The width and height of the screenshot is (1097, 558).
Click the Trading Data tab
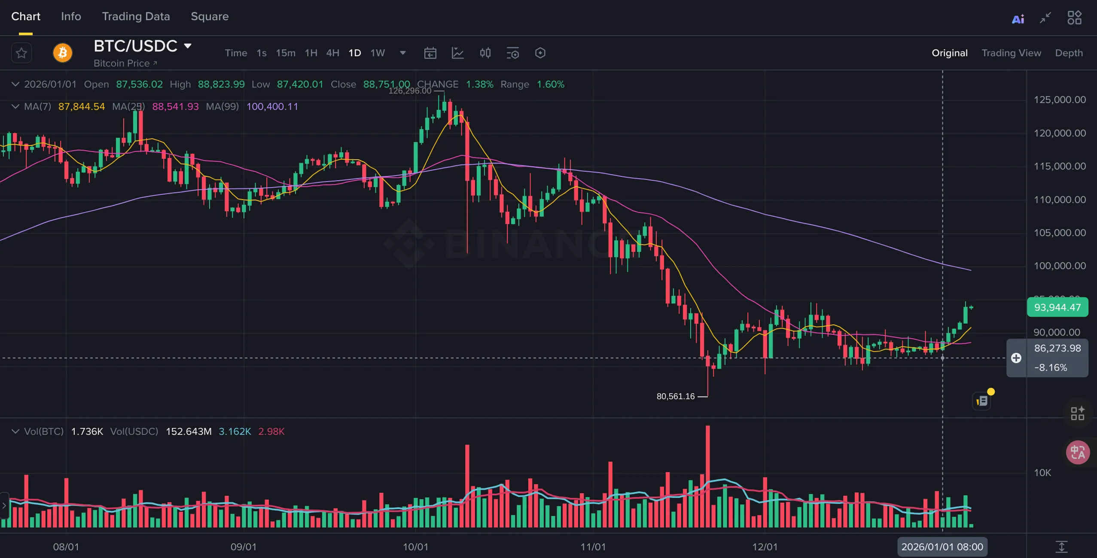pos(136,16)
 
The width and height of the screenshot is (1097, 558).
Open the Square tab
pos(210,16)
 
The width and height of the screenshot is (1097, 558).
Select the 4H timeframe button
pos(332,53)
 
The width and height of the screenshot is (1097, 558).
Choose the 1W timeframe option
pos(378,53)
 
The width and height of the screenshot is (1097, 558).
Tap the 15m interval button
pos(286,53)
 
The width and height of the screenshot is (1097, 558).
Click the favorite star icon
pos(21,53)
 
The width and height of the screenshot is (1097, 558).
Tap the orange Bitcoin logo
pos(63,53)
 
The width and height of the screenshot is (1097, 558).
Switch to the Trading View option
pos(1011,53)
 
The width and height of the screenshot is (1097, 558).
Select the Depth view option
pos(1069,53)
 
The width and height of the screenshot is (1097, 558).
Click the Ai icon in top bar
pos(1018,19)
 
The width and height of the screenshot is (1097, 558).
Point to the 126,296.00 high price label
pos(410,91)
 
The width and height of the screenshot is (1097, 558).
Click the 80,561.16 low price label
pos(675,396)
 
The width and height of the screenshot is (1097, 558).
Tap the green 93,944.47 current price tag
pos(1057,307)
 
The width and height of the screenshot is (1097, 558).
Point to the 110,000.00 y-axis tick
pos(1060,200)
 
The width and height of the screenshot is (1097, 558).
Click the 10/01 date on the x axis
pos(415,547)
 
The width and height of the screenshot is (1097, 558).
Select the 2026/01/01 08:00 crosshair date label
pos(942,547)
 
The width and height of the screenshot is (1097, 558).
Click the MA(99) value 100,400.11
pos(272,106)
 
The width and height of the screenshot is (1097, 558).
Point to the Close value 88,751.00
pos(387,84)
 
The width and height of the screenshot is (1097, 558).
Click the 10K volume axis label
pos(1042,473)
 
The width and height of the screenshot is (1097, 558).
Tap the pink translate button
pos(1078,452)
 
